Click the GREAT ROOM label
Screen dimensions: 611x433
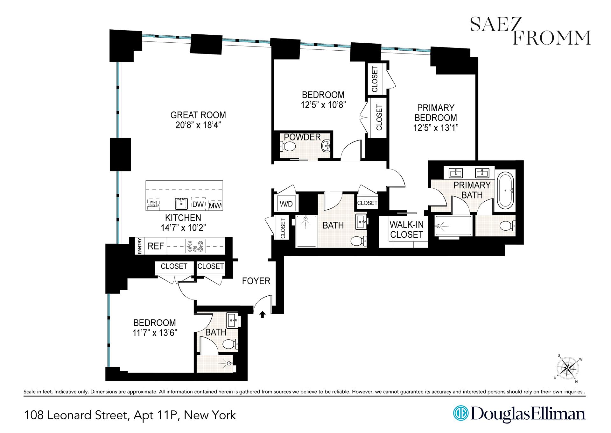click(198, 115)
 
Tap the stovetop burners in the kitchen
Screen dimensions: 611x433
click(195, 246)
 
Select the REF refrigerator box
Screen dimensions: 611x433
click(156, 246)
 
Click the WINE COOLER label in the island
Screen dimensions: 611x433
click(153, 204)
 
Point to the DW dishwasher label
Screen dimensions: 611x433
click(198, 205)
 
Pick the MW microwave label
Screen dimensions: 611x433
click(215, 206)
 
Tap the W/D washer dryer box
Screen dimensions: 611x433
click(286, 204)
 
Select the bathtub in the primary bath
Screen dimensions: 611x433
click(505, 191)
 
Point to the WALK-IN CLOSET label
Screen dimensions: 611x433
click(407, 229)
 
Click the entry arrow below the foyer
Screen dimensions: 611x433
click(263, 314)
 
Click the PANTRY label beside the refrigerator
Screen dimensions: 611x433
click(140, 246)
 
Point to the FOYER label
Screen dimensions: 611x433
click(256, 281)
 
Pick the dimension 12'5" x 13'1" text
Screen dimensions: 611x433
click(436, 128)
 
